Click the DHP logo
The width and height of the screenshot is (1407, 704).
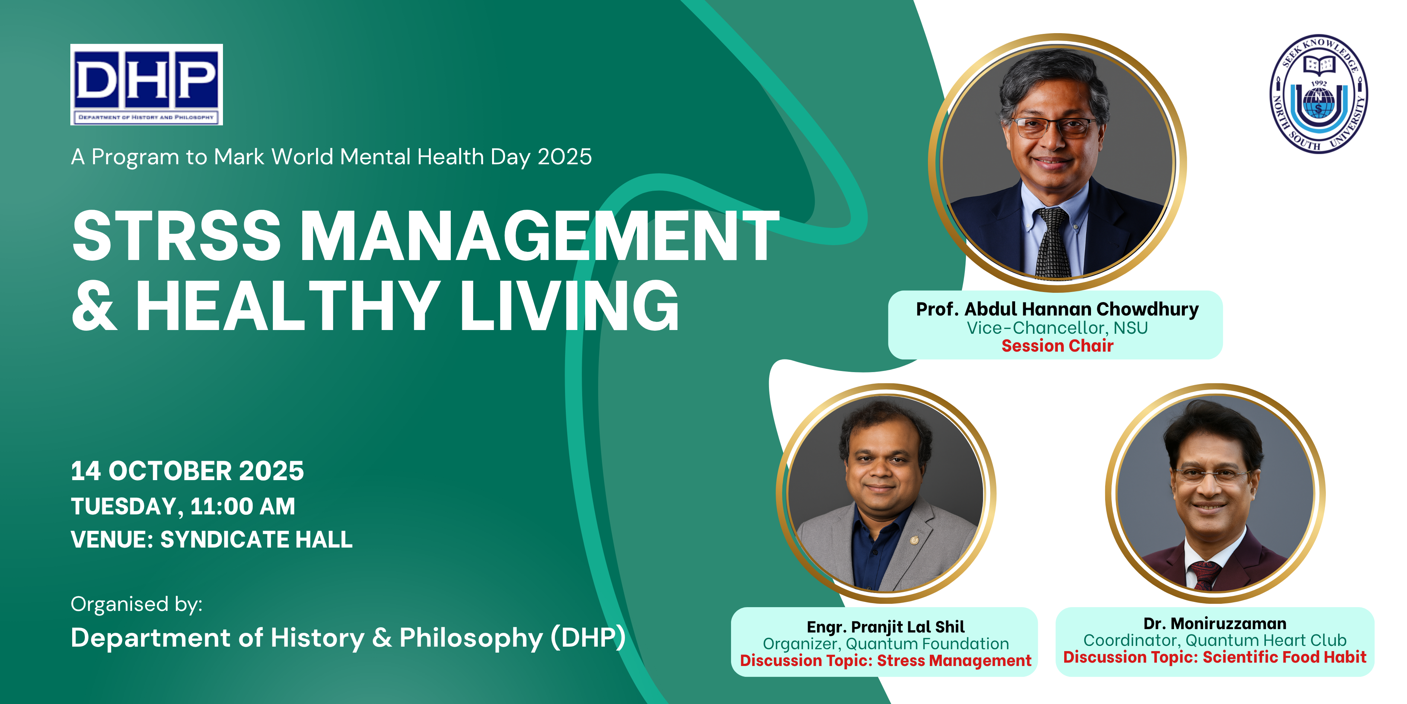point(146,85)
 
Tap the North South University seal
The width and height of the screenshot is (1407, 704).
point(1318,94)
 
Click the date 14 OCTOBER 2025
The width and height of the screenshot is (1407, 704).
point(187,471)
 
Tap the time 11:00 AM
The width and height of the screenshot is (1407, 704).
point(243,506)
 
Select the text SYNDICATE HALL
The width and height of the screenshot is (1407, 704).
point(256,539)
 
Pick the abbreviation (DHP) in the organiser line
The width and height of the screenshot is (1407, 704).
point(588,638)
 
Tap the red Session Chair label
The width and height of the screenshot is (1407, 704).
point(1057,346)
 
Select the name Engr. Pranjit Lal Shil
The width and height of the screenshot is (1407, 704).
point(886,627)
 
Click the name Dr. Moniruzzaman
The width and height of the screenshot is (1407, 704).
point(1215,623)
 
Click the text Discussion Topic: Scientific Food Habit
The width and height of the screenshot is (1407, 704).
point(1215,657)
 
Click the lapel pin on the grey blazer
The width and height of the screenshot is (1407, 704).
point(914,540)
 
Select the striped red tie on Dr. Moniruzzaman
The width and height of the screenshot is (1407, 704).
point(1205,575)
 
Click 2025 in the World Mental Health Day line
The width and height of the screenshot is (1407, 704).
point(565,157)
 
